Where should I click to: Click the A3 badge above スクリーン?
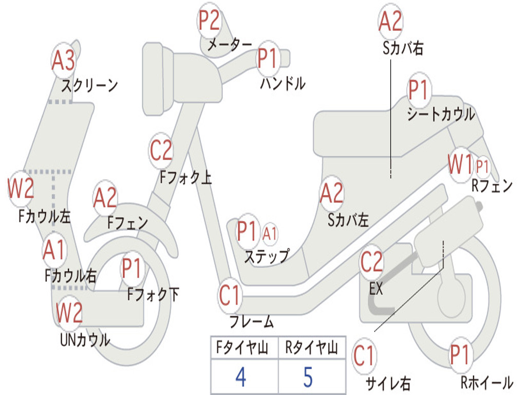click(x=64, y=61)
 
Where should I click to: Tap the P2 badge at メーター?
click(x=209, y=21)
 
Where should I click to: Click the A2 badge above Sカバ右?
click(x=390, y=21)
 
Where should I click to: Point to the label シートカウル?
click(x=441, y=114)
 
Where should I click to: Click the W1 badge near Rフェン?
click(x=460, y=166)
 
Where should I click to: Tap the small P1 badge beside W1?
click(x=482, y=166)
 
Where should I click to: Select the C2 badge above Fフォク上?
click(x=161, y=150)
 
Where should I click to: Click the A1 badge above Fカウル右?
click(x=54, y=250)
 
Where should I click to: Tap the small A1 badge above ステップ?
click(x=270, y=234)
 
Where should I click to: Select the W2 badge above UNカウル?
click(x=69, y=312)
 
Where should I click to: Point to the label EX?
click(x=377, y=289)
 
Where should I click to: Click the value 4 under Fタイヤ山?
click(x=240, y=377)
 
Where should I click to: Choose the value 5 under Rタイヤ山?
click(x=308, y=377)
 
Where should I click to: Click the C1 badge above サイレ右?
click(x=364, y=356)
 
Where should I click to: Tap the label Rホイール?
click(x=486, y=382)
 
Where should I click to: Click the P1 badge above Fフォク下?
click(x=133, y=268)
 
